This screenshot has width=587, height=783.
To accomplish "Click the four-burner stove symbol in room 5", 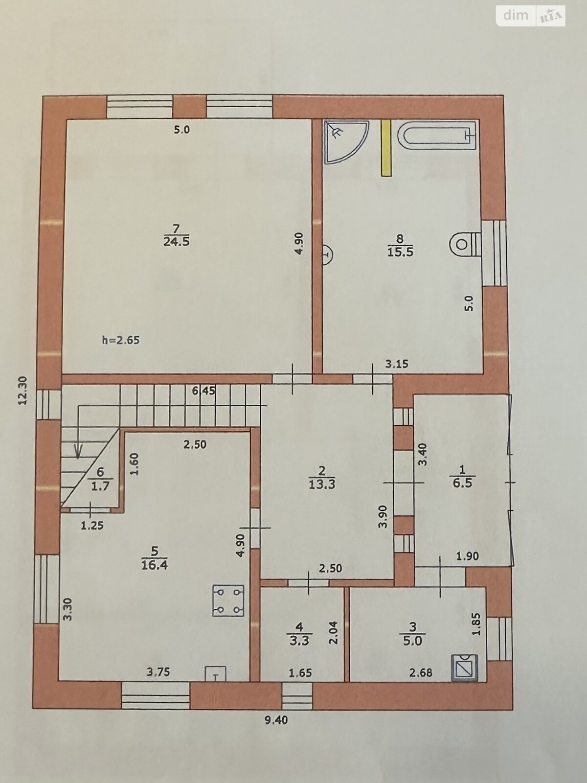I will pyautogui.click(x=228, y=600).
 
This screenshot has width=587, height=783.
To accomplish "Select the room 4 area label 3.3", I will pyautogui.click(x=299, y=640).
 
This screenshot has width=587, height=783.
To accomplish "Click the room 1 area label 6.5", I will pyautogui.click(x=461, y=483).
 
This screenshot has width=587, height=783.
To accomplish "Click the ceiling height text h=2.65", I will pyautogui.click(x=120, y=340).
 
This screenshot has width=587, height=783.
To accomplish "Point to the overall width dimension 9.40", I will pyautogui.click(x=275, y=720).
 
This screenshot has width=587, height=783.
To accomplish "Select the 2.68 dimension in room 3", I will pyautogui.click(x=420, y=673).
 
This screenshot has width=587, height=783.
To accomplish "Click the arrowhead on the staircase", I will pyautogui.click(x=77, y=451).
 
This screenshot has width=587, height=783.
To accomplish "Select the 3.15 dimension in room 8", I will pyautogui.click(x=396, y=364).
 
